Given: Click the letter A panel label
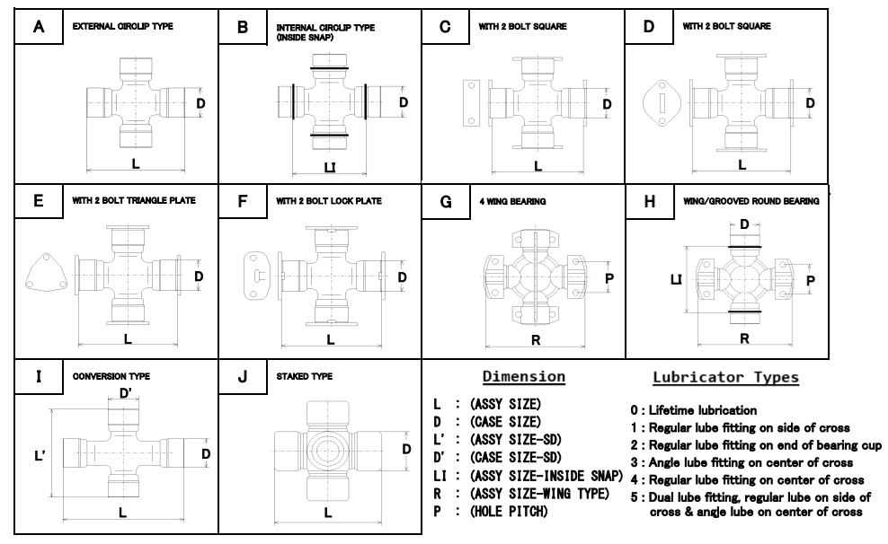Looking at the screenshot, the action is (39, 27).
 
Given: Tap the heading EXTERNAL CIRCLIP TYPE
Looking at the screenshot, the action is (123, 26).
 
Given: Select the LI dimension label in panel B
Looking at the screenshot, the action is (330, 168).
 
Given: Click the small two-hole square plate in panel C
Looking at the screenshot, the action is (471, 102).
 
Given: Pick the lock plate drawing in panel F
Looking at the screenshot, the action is (259, 276).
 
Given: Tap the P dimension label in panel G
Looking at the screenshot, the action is (609, 278).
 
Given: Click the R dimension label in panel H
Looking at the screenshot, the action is (745, 338).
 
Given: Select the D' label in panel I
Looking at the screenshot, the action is (126, 393).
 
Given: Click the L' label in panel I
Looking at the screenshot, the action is (40, 455).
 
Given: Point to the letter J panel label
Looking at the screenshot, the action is (243, 377).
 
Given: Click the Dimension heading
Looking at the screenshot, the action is (524, 377).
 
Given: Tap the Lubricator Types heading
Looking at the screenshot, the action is (726, 377).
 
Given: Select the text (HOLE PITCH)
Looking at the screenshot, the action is (509, 511).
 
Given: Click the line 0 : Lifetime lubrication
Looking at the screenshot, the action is (694, 410).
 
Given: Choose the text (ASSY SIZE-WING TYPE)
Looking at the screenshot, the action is (539, 494).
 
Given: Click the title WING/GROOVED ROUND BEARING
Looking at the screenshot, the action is (751, 201).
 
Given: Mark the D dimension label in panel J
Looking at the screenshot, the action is (406, 449).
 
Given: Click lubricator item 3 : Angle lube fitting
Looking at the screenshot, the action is (741, 462).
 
